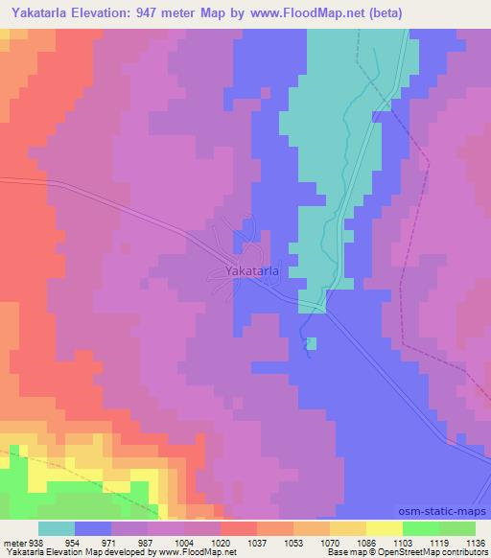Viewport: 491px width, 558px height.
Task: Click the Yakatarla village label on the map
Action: coord(252,271)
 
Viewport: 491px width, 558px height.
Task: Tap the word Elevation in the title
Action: coord(105,12)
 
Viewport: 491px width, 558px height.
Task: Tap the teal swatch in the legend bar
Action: coord(56,528)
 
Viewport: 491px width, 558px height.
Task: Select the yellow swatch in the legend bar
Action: coord(384,528)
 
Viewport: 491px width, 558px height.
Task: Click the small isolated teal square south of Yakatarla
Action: coord(310,343)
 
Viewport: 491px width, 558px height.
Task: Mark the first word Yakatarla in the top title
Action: coord(39,12)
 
